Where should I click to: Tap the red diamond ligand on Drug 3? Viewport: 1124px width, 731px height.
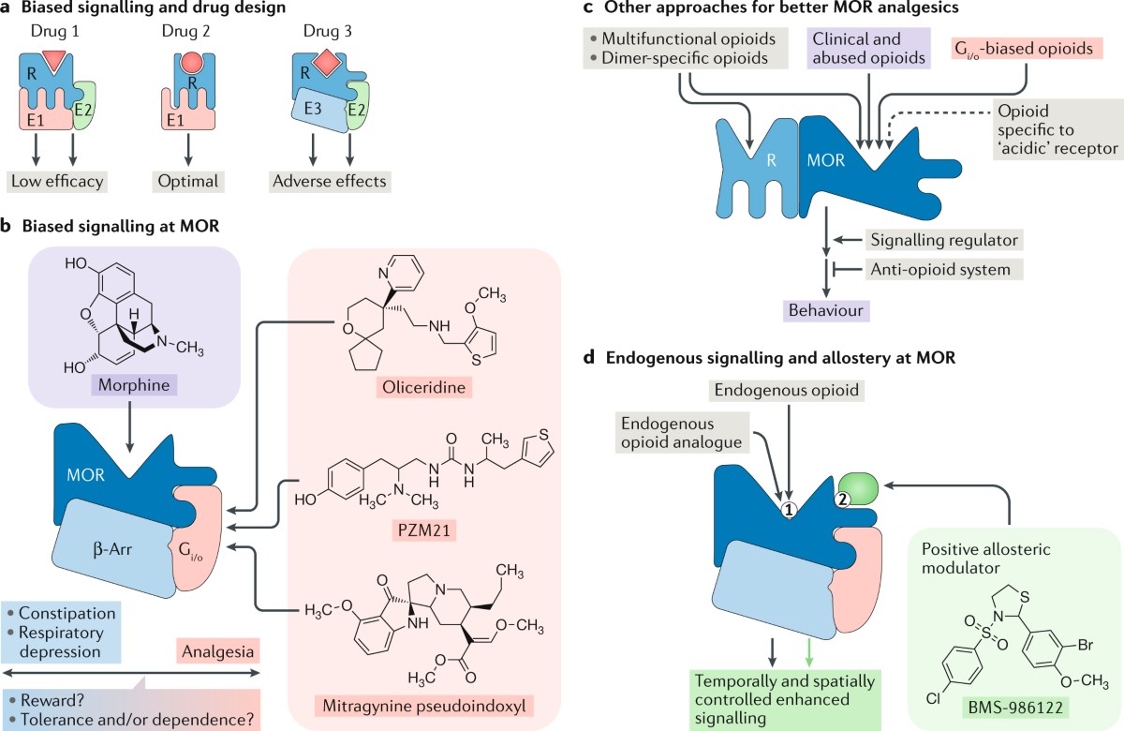click(326, 62)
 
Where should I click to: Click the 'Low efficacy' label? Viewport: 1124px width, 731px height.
click(57, 181)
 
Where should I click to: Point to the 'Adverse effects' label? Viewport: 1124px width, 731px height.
click(330, 181)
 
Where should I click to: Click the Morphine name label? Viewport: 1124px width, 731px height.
click(134, 385)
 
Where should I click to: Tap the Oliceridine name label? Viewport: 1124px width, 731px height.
click(424, 387)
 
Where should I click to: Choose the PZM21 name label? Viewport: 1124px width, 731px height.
click(424, 530)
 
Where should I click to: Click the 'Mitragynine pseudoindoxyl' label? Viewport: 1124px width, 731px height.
click(424, 706)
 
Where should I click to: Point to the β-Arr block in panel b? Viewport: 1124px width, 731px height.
click(113, 549)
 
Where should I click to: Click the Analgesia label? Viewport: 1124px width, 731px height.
click(217, 651)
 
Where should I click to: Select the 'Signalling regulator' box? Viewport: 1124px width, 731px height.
click(944, 240)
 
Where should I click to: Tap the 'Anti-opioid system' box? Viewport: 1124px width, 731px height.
click(944, 270)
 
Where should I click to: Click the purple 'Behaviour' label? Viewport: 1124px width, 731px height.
click(826, 310)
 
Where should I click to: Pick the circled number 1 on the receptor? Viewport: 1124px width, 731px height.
click(789, 511)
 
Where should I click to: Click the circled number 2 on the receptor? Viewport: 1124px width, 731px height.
click(842, 500)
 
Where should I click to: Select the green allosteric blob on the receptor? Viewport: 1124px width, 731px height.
click(859, 488)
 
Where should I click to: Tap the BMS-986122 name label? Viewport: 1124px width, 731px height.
click(1015, 708)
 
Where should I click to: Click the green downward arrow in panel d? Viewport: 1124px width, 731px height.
click(809, 652)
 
